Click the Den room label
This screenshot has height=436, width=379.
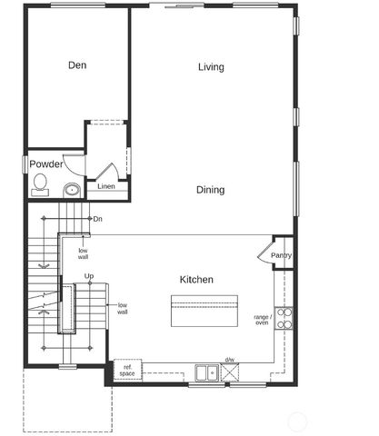[x=77, y=64]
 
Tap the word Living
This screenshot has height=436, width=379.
[x=211, y=66]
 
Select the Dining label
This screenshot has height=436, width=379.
[x=210, y=190]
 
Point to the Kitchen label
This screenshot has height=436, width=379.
[x=196, y=279]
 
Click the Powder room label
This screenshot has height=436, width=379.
[x=46, y=164]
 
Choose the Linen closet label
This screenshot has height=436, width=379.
[x=106, y=188]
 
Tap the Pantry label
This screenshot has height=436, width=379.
[x=282, y=256]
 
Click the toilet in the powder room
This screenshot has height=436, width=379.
[x=39, y=186]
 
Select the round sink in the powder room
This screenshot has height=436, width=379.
[x=71, y=190]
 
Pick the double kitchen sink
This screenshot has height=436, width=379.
[x=206, y=371]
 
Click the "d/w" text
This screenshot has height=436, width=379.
[x=230, y=359]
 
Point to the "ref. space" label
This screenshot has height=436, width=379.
[x=126, y=372]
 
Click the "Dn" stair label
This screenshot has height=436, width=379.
[x=97, y=219]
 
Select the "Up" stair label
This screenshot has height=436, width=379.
[x=89, y=275]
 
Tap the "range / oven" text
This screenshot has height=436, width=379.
[x=262, y=319]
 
